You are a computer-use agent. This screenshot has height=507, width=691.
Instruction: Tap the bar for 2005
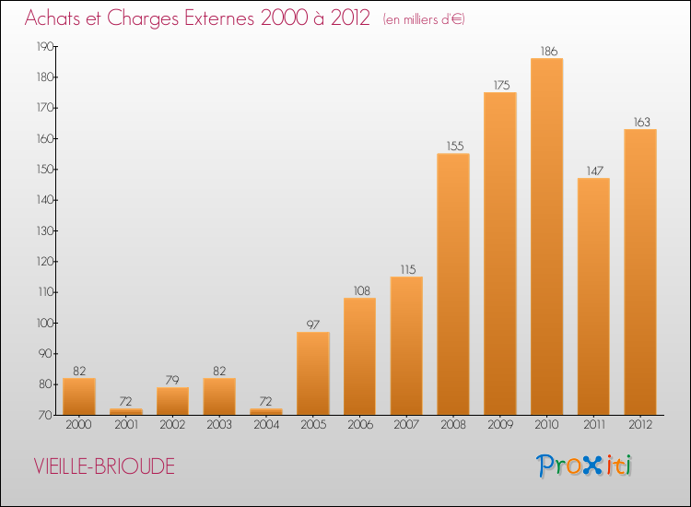[312, 373]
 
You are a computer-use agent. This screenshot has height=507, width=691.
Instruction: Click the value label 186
[546, 51]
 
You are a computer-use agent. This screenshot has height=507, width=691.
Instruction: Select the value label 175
[500, 85]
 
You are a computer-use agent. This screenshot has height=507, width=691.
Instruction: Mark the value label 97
[312, 324]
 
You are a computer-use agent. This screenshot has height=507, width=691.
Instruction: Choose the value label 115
[406, 269]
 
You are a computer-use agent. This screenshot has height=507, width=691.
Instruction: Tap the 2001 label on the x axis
[125, 427]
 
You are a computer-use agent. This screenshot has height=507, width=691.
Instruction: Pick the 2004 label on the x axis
[266, 427]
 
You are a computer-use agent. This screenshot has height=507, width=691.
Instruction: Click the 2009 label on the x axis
[500, 427]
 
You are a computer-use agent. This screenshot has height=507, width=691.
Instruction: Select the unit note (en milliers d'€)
[423, 19]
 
